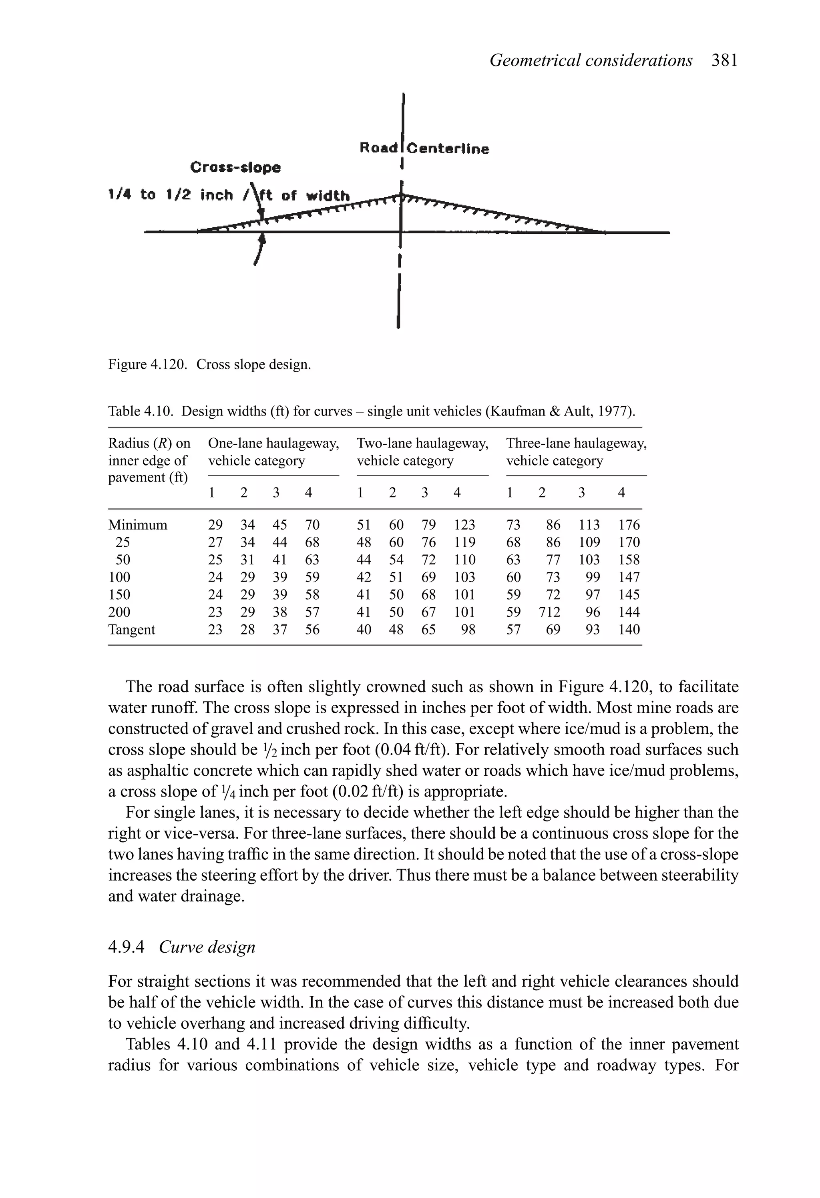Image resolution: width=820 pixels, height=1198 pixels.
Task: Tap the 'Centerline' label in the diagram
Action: [448, 149]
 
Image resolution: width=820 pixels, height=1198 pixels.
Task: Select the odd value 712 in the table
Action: [549, 612]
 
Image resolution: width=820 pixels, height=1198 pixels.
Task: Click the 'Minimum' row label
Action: [138, 525]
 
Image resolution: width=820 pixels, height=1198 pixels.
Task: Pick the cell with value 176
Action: [629, 525]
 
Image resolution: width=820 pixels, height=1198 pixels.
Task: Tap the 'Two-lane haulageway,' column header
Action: [422, 443]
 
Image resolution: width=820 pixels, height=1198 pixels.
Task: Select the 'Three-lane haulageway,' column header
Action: [576, 443]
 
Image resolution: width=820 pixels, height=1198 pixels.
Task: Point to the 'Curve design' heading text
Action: [207, 947]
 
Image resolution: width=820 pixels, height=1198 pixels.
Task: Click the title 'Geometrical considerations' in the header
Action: [591, 61]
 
